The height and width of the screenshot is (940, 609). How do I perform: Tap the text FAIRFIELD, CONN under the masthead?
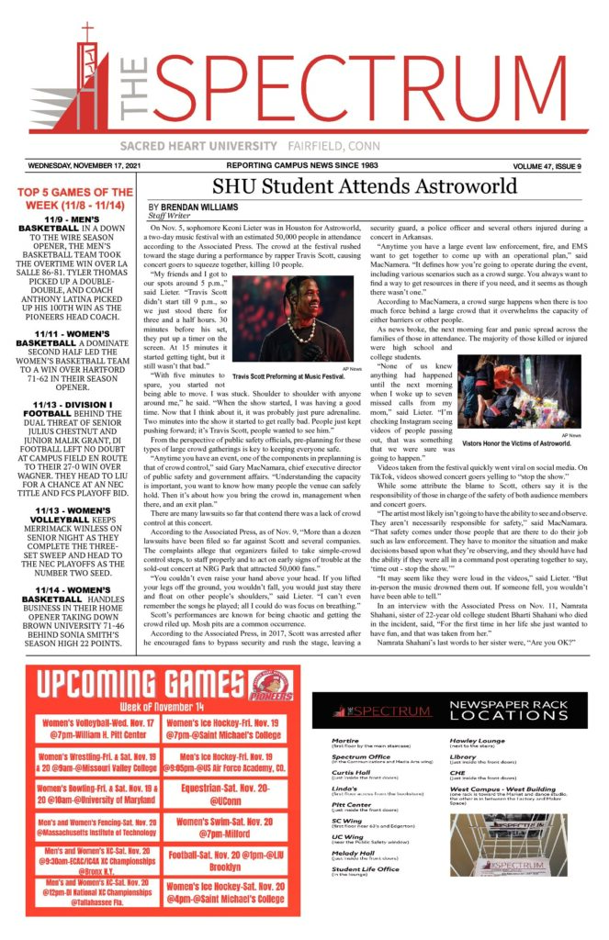308,147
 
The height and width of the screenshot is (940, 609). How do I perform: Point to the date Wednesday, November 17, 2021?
82,165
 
